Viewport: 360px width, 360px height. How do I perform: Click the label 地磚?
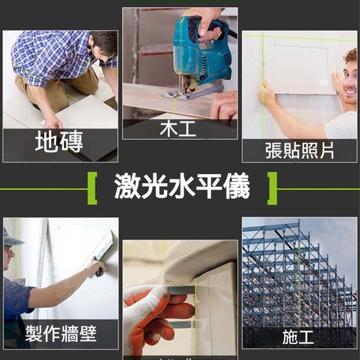(59, 142)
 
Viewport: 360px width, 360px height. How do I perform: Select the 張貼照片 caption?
(300, 151)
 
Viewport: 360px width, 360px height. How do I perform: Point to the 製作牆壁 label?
(60, 334)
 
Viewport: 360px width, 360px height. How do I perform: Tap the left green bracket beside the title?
(92, 188)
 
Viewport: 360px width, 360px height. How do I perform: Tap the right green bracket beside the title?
(273, 188)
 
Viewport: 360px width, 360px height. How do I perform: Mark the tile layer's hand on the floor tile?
(53, 122)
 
